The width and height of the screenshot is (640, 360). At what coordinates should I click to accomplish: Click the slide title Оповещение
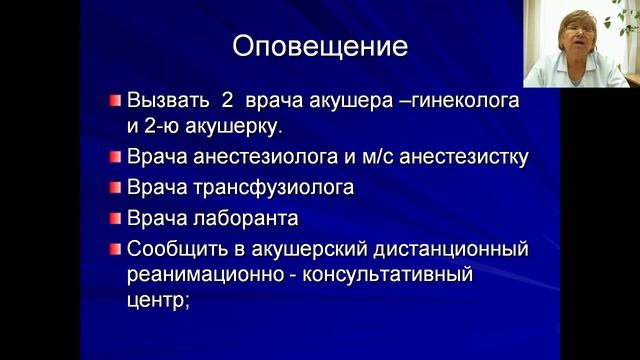pos(320,46)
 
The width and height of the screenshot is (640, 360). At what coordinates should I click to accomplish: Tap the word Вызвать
pos(168,102)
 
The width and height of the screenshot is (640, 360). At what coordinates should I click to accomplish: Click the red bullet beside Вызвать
pos(116,101)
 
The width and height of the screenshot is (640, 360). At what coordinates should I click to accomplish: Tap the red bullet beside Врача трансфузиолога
pos(116,187)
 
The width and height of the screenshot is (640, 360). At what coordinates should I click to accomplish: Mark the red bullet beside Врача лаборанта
pos(116,217)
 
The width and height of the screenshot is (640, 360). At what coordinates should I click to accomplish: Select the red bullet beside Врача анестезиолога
pos(116,157)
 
